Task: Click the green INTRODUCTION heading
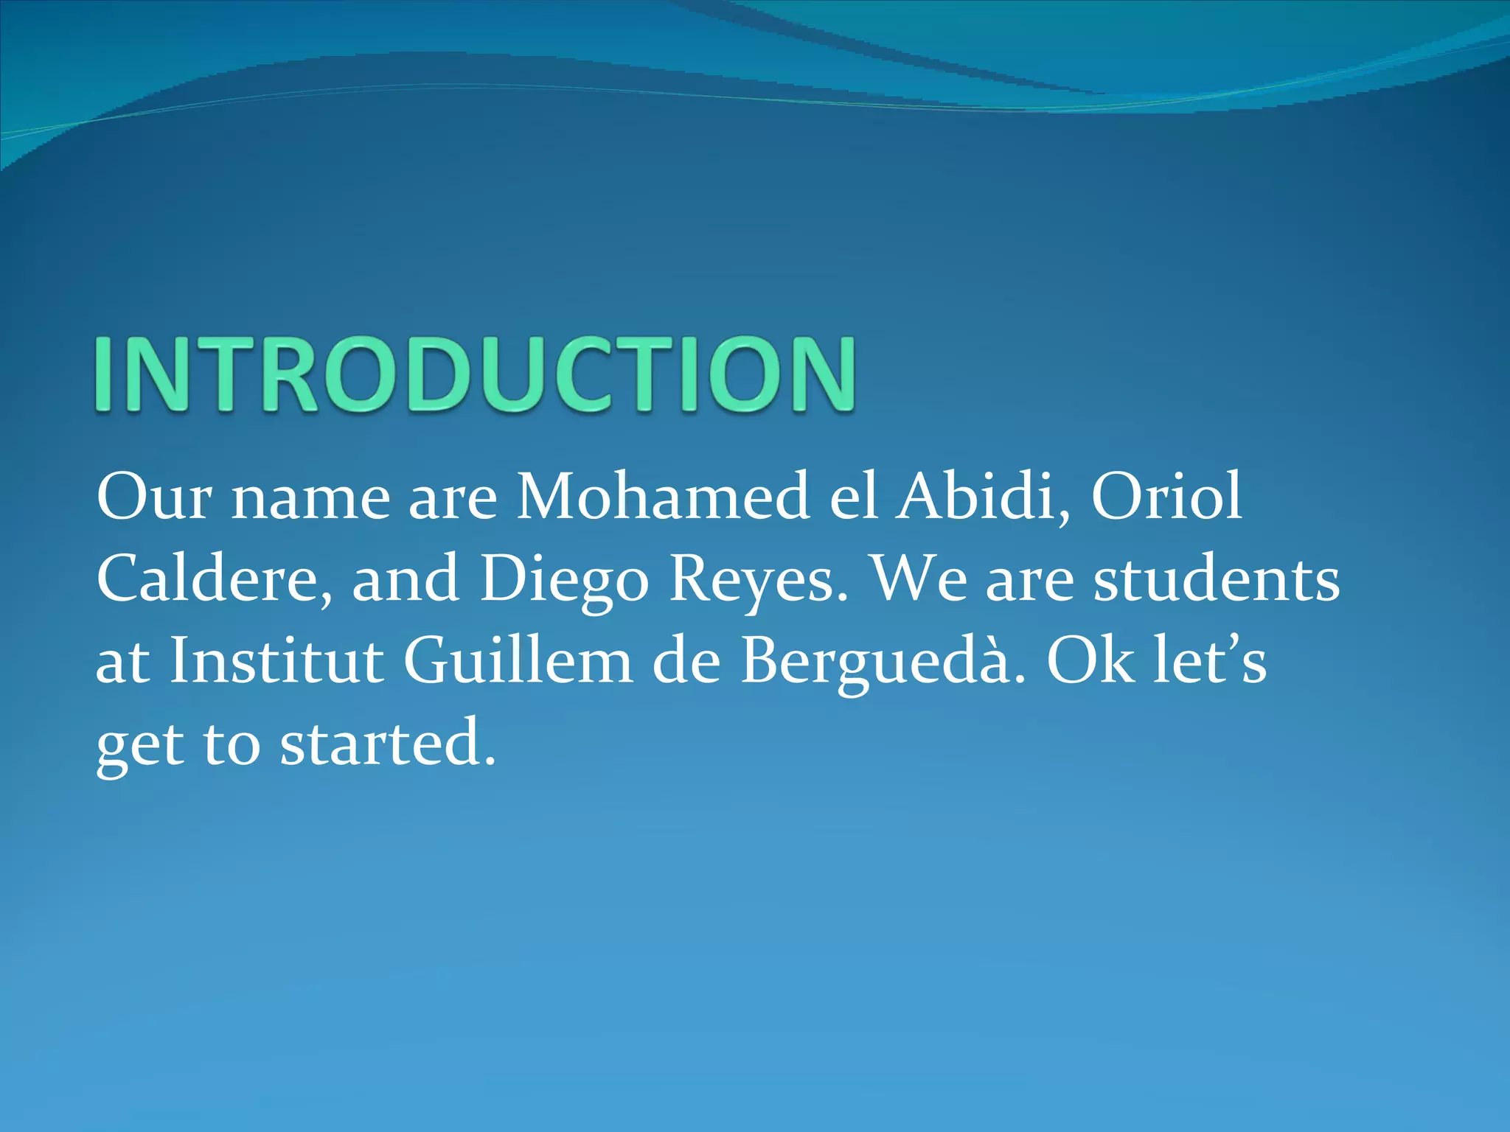point(475,374)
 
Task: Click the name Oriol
point(1166,497)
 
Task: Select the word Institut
point(276,661)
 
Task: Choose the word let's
point(1210,661)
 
